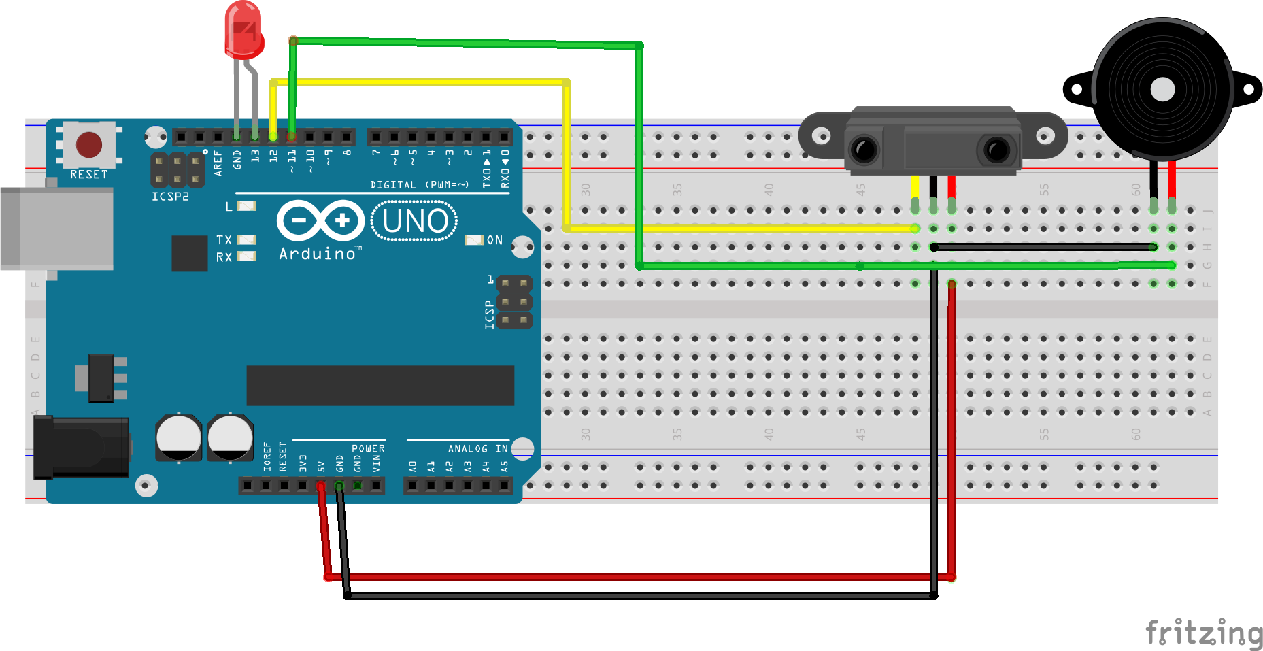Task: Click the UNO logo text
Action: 415,221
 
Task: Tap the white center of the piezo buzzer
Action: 1162,89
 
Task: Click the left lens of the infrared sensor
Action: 864,149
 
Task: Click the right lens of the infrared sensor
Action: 996,149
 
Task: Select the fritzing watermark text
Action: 1203,632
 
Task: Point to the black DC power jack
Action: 82,447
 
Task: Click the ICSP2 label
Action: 170,197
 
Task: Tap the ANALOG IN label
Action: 477,448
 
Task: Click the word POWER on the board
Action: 368,448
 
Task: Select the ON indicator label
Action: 494,240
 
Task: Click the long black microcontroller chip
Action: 380,385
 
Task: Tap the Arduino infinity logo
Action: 320,220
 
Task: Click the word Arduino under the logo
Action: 318,254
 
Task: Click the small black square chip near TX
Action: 189,253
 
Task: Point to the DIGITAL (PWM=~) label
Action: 419,185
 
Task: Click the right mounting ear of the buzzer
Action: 1247,89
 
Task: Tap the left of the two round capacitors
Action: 179,437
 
